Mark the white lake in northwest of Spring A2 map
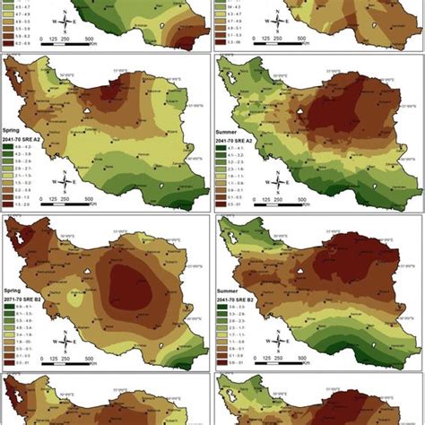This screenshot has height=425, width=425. [27, 76]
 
